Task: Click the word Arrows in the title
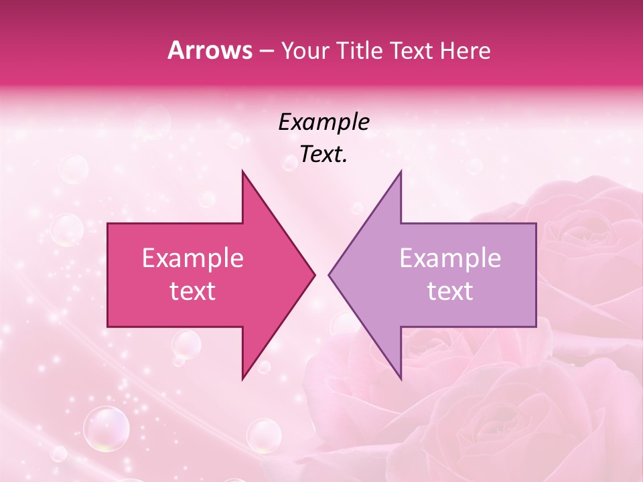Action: [210, 50]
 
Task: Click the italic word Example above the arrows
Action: [324, 122]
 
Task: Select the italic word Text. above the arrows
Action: [324, 155]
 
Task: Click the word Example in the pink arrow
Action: [193, 258]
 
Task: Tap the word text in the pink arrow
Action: [193, 291]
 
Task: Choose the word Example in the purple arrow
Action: [450, 258]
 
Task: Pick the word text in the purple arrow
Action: [450, 291]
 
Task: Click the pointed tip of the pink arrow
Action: [315, 274]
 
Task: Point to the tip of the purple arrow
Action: [329, 274]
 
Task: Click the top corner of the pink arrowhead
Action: [242, 171]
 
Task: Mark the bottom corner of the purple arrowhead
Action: [401, 379]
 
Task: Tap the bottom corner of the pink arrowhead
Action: [242, 379]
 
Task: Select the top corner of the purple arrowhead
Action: [401, 171]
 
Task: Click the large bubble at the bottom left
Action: [106, 428]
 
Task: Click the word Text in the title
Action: [411, 50]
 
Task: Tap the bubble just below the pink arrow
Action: [186, 344]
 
